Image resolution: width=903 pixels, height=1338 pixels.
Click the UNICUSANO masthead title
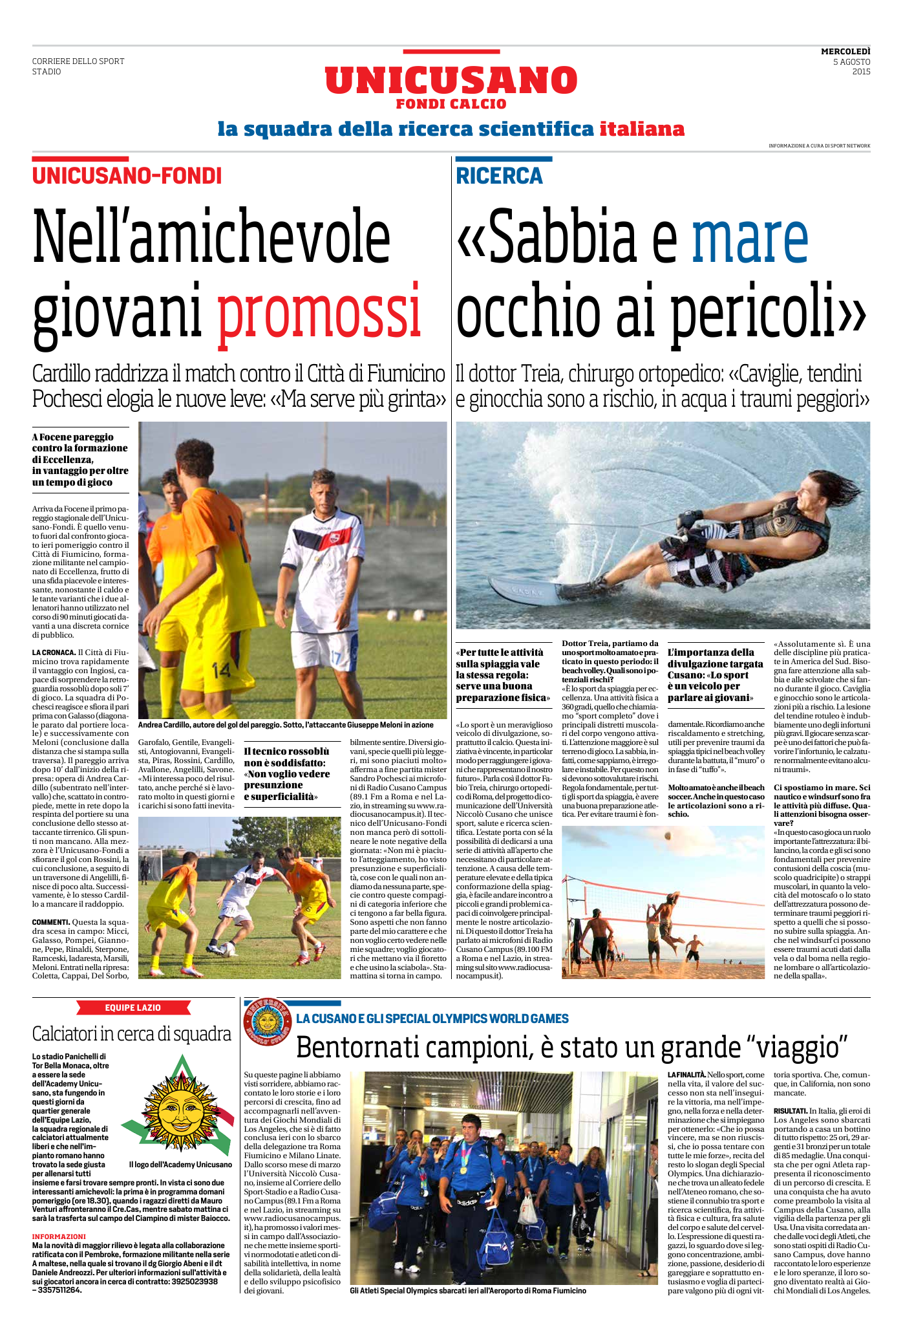coord(451,81)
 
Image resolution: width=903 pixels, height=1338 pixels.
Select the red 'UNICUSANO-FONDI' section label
coord(127,176)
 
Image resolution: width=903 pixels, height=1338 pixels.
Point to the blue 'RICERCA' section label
coord(499,176)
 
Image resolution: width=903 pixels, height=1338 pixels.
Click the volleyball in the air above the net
coord(667,836)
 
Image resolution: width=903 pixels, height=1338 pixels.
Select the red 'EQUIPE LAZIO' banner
coord(133,1008)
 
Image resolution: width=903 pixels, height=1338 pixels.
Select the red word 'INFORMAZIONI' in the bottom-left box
coord(59,1236)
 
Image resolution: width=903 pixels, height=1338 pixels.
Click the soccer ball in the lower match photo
coord(228,949)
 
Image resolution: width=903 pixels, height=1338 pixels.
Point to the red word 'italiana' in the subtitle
coord(642,129)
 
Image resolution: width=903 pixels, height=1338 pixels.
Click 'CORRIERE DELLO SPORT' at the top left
coord(78,61)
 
